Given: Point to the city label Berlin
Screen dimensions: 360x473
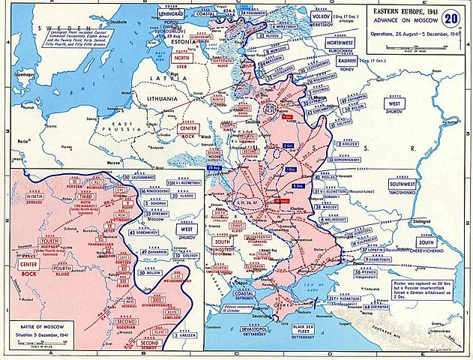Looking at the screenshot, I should tap(22, 140).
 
